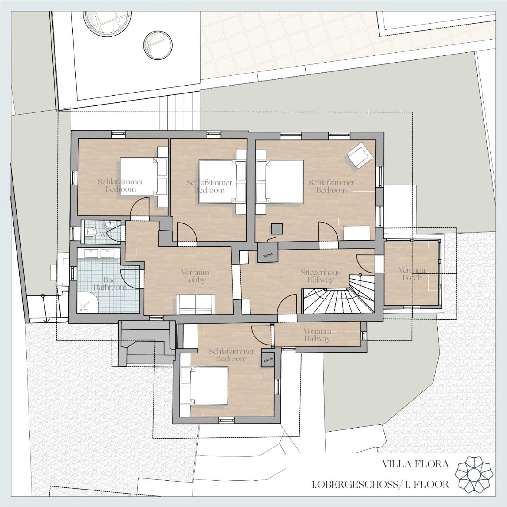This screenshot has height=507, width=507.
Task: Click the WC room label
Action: [106, 234]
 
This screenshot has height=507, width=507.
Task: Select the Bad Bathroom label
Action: [110, 284]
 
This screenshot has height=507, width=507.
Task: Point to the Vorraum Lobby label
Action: [195, 276]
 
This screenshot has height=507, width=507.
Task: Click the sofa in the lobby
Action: [195, 304]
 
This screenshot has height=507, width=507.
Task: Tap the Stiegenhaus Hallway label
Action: [321, 276]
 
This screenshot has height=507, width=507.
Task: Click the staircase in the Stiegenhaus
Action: [339, 294]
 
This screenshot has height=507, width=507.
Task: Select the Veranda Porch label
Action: [412, 274]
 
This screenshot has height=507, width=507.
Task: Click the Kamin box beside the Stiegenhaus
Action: [267, 253]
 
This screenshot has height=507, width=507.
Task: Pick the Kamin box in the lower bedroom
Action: [268, 360]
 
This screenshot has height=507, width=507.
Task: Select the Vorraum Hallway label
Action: [317, 335]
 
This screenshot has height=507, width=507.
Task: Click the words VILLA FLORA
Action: [415, 464]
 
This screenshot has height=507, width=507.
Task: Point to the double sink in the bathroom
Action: [95, 253]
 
